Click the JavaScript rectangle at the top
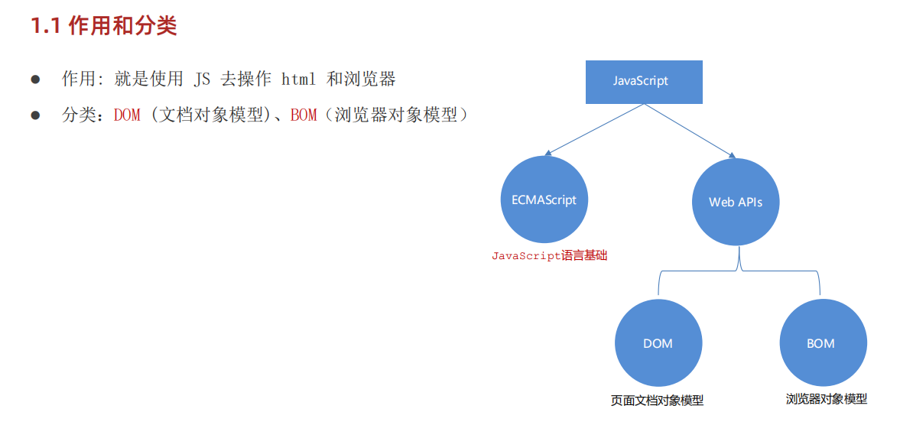pos(640,80)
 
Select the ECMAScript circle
pos(544,200)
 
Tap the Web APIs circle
pos(735,203)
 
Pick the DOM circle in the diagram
pos(658,343)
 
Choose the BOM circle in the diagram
pos(820,343)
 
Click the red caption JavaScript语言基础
pos(548,256)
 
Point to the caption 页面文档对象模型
pos(657,401)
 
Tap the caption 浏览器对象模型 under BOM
pos(826,399)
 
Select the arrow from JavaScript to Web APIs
pos(688,131)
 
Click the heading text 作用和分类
pos(122,27)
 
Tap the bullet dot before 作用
pos(34,79)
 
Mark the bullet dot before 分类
pos(34,116)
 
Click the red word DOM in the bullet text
pos(127,116)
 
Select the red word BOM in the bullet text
pos(304,116)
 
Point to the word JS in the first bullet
pos(198,79)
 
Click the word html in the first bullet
pos(298,79)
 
